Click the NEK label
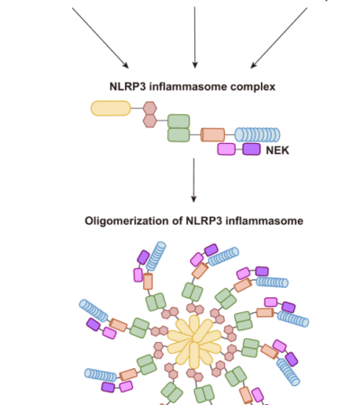[278, 151]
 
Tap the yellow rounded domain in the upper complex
[113, 109]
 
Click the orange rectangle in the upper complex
[213, 135]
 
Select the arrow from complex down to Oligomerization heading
[193, 180]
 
